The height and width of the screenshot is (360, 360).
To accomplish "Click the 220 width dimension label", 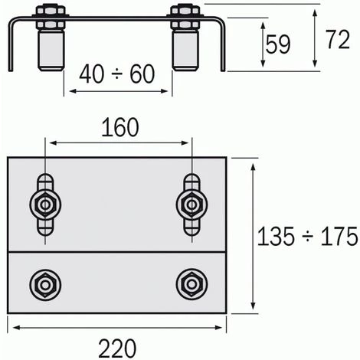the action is point(117,349).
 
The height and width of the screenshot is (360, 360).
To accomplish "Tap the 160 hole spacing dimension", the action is point(120,127).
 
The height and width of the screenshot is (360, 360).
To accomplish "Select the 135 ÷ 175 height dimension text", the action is point(308,237).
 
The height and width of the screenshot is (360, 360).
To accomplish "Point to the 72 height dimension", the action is point(338,39).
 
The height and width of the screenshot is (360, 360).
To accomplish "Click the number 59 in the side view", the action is point(278,44).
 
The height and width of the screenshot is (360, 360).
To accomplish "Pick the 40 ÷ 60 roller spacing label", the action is point(117,74).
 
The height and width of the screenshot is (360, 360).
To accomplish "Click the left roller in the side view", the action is point(51,51).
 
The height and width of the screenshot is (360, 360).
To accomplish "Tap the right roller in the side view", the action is point(185,51).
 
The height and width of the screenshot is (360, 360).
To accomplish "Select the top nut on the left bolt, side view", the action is point(50,11).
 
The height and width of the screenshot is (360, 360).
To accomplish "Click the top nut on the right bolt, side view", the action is point(185,11).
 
